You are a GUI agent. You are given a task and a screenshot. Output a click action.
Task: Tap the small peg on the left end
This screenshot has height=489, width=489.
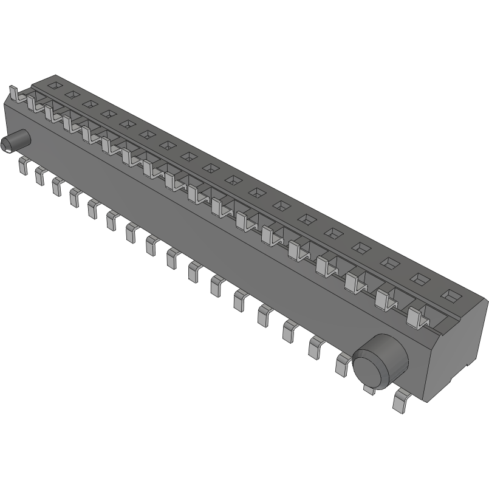tap(16, 141)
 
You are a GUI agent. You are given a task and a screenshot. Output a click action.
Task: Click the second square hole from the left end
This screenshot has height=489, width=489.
tap(72, 94)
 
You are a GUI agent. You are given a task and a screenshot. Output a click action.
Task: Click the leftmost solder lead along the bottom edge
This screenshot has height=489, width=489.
tap(23, 165)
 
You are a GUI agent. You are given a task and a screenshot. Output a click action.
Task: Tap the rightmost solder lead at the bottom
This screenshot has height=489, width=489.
tap(401, 402)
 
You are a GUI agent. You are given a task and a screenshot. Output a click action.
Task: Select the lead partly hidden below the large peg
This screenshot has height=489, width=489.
tap(368, 388)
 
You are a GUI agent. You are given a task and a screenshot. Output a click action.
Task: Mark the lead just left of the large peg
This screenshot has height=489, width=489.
tap(342, 364)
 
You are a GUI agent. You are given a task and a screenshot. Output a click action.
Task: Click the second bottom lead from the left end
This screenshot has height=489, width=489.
tap(40, 175)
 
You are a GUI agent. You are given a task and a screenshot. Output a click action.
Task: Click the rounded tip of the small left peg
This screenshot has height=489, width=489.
tap(5, 145)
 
